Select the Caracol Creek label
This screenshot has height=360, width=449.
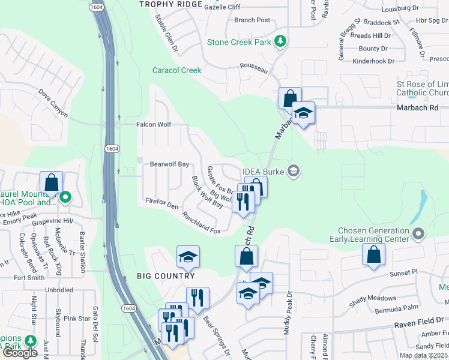pos(176,70)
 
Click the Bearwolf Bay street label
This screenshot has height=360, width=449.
pos(169,164)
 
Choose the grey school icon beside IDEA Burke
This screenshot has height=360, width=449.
pos(293,172)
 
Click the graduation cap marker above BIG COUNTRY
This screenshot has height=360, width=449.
pos(188,257)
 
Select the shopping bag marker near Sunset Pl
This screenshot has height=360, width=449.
pos(373,254)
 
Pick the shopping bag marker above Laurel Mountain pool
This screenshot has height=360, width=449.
pos(52,182)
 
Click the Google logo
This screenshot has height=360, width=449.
pos(20,353)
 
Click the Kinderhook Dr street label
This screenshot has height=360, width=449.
pos(373,61)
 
